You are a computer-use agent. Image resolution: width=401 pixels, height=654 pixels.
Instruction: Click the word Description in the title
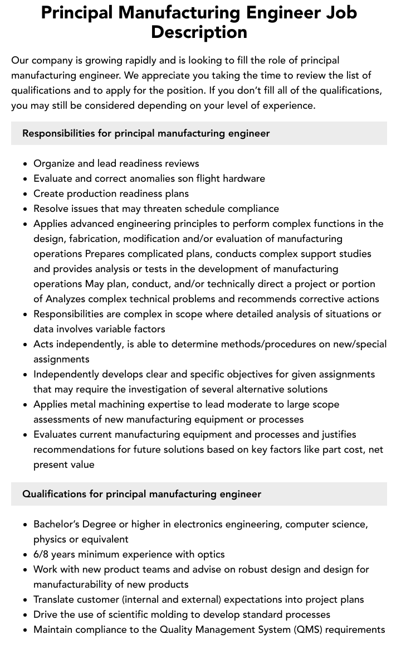click(x=199, y=32)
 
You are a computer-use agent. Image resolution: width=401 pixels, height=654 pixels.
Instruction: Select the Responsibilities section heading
click(x=146, y=133)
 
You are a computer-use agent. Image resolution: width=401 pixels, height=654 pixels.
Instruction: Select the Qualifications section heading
click(x=141, y=494)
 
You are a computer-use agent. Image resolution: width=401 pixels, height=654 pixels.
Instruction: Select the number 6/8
click(x=42, y=554)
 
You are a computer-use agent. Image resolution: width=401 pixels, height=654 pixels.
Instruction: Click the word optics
click(x=211, y=554)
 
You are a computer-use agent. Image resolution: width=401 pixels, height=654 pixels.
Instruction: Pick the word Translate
click(x=55, y=599)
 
